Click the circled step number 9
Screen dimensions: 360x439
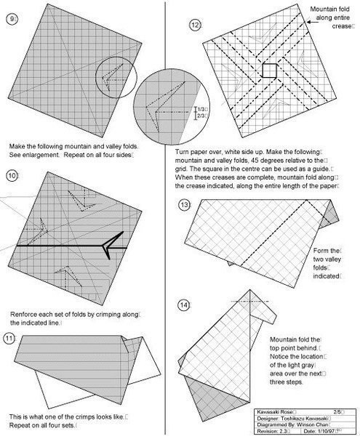11,19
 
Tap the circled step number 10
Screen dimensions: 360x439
12,176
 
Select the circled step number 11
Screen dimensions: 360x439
9,339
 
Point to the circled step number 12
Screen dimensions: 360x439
194,25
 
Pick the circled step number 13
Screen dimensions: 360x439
184,205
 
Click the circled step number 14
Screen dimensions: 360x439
183,305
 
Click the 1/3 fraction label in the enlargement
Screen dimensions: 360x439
201,109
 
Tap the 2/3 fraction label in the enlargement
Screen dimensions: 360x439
201,116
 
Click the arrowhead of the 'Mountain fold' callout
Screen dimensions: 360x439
308,22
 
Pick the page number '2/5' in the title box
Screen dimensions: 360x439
337,412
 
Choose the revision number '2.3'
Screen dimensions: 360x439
281,431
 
